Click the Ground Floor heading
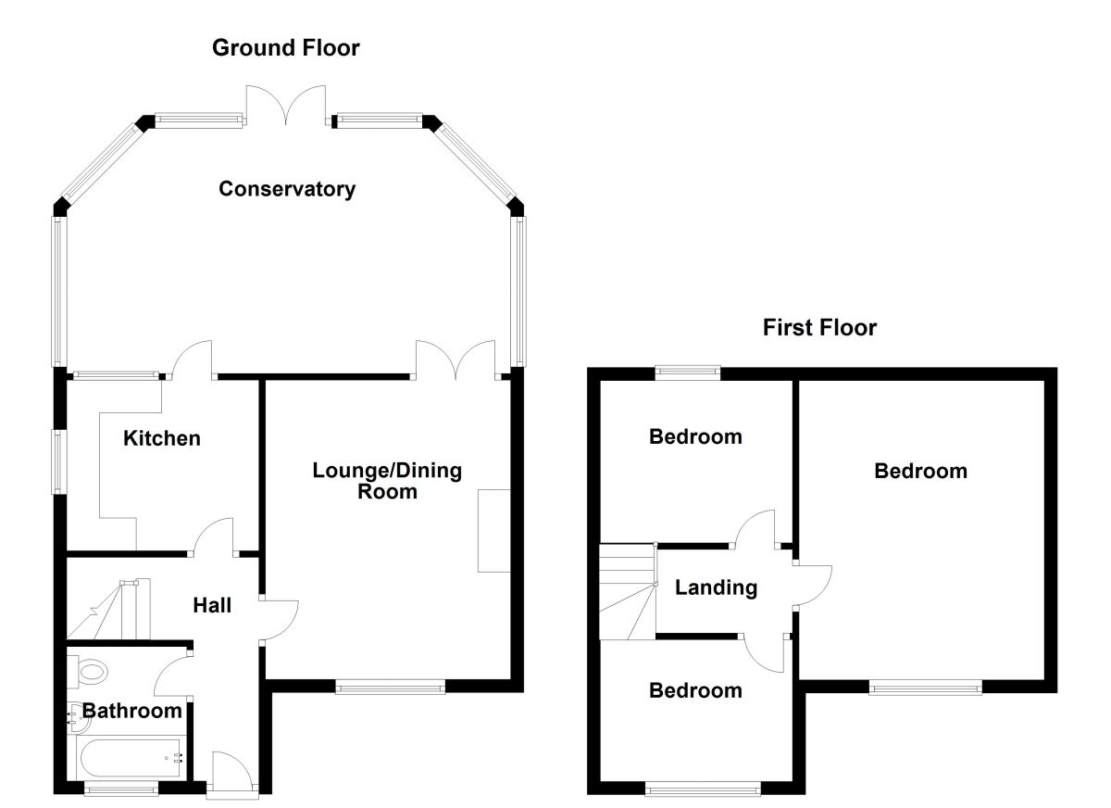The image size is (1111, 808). [x=286, y=47]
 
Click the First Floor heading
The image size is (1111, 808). [x=819, y=327]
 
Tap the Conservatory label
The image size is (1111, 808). [x=287, y=189]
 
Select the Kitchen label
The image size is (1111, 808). [x=162, y=437]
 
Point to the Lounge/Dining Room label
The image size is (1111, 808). [x=387, y=480]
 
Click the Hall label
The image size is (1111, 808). [x=212, y=606]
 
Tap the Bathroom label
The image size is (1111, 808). [x=132, y=711]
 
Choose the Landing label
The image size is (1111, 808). [x=716, y=587]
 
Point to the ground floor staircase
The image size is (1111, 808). [x=106, y=612]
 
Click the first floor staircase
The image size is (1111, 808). [x=627, y=591]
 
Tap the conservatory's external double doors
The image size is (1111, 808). [x=286, y=104]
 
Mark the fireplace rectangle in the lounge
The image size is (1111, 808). [x=494, y=531]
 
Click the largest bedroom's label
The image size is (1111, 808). [x=920, y=471]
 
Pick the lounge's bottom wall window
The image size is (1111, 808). [x=390, y=687]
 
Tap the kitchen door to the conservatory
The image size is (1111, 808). [x=192, y=361]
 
